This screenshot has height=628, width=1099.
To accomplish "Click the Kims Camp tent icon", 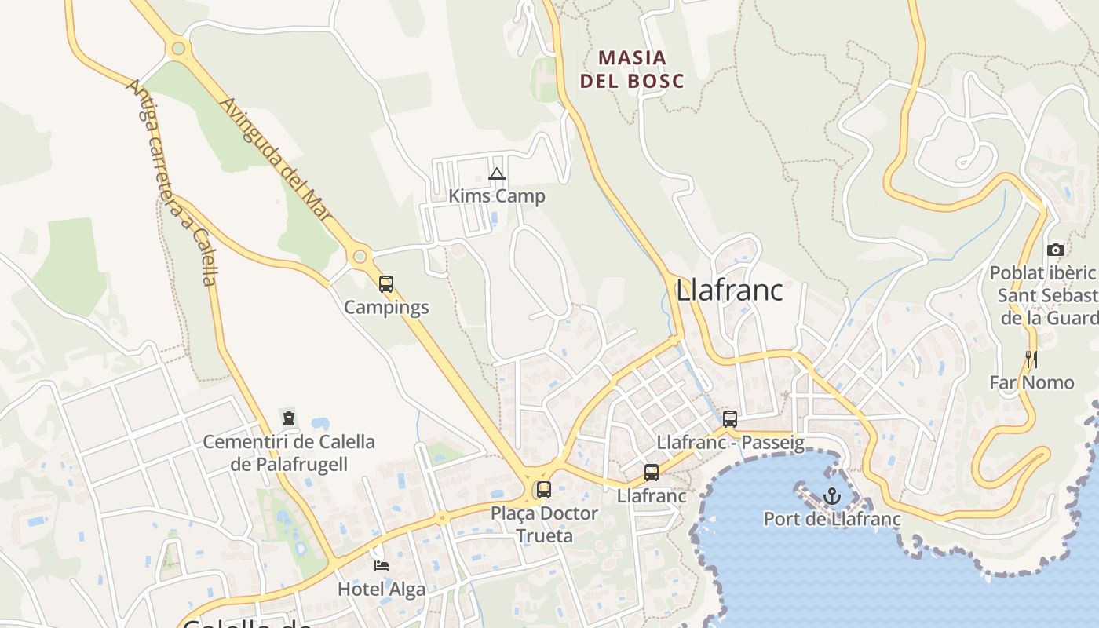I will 496,174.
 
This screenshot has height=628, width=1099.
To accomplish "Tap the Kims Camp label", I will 496,195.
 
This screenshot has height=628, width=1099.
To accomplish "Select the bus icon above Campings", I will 386,284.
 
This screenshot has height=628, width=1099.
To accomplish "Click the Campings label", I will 386,307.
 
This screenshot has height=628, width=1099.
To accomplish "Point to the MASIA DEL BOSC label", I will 632,69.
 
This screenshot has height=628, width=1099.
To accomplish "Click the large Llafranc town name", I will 729,290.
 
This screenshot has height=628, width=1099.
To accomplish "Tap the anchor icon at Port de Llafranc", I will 832,496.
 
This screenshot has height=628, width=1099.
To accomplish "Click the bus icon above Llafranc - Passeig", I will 730,419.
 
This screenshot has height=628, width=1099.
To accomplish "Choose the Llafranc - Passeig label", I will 730,443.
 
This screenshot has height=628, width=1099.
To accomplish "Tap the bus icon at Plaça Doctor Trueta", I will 543,490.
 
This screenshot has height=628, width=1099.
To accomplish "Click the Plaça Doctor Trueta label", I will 544,524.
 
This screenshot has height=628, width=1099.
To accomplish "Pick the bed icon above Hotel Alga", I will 382,565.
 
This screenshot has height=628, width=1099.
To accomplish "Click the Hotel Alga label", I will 382,589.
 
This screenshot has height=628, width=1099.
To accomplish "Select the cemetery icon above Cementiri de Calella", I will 289,418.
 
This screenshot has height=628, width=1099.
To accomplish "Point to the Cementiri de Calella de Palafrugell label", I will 289,453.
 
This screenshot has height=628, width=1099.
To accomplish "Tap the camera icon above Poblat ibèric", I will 1056,250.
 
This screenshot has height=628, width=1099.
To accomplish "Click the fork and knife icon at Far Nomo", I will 1031,360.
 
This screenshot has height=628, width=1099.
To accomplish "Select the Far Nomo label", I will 1031,382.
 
